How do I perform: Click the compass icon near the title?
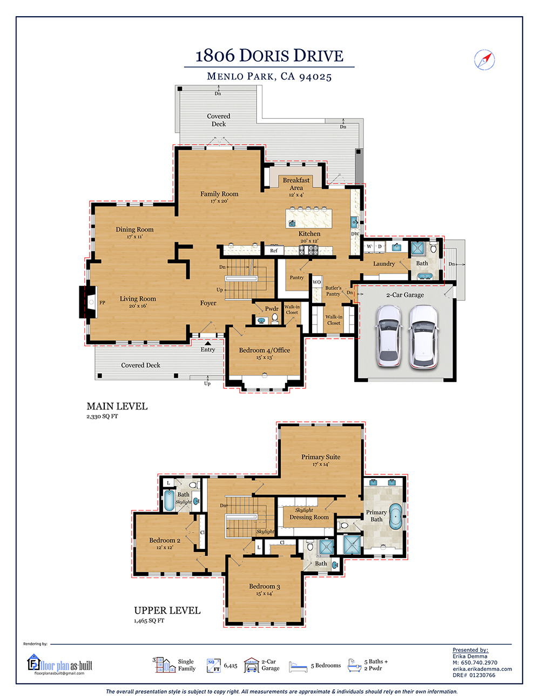pyautogui.click(x=484, y=59)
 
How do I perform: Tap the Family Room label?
pyautogui.click(x=219, y=194)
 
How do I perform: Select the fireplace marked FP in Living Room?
pyautogui.click(x=90, y=303)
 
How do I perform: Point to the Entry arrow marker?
pyautogui.click(x=208, y=343)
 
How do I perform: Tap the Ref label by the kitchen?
pyautogui.click(x=274, y=251)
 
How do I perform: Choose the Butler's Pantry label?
pyautogui.click(x=333, y=291)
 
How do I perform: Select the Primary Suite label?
pyautogui.click(x=321, y=457)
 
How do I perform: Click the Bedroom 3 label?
pyautogui.click(x=265, y=587)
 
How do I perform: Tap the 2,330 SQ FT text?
pyautogui.click(x=102, y=416)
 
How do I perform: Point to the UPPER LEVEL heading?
pyautogui.click(x=167, y=610)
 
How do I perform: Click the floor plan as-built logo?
pyautogui.click(x=60, y=664)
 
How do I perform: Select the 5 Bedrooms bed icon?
pyautogui.click(x=298, y=667)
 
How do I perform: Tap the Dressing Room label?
pyautogui.click(x=309, y=517)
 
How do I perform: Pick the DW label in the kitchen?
pyautogui.click(x=355, y=234)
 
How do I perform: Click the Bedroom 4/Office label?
pyautogui.click(x=265, y=350)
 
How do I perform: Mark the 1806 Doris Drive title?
pyautogui.click(x=269, y=56)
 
